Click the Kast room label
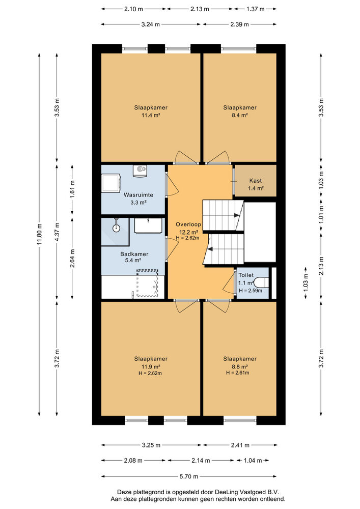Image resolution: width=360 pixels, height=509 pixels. [x=255, y=181]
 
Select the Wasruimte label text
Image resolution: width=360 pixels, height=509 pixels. [x=135, y=195]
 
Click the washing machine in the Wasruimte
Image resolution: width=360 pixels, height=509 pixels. [x=110, y=183]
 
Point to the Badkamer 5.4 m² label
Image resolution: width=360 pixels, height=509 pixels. [x=134, y=258]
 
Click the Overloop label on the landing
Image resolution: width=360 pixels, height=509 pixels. [x=188, y=224]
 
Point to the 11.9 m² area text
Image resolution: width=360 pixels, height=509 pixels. [x=151, y=366]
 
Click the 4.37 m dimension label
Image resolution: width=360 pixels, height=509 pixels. [x=57, y=232]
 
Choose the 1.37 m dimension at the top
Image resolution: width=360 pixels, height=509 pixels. [x=256, y=9]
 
